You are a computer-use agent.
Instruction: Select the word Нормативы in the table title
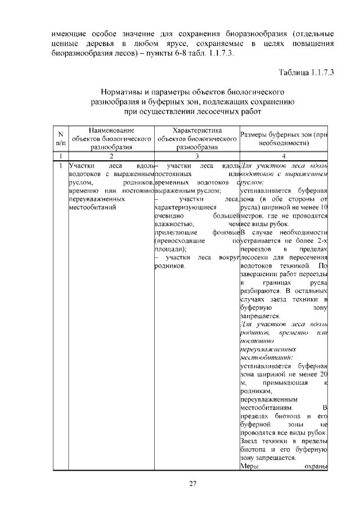(x=123, y=92)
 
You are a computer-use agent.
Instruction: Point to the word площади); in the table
(x=171, y=249)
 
